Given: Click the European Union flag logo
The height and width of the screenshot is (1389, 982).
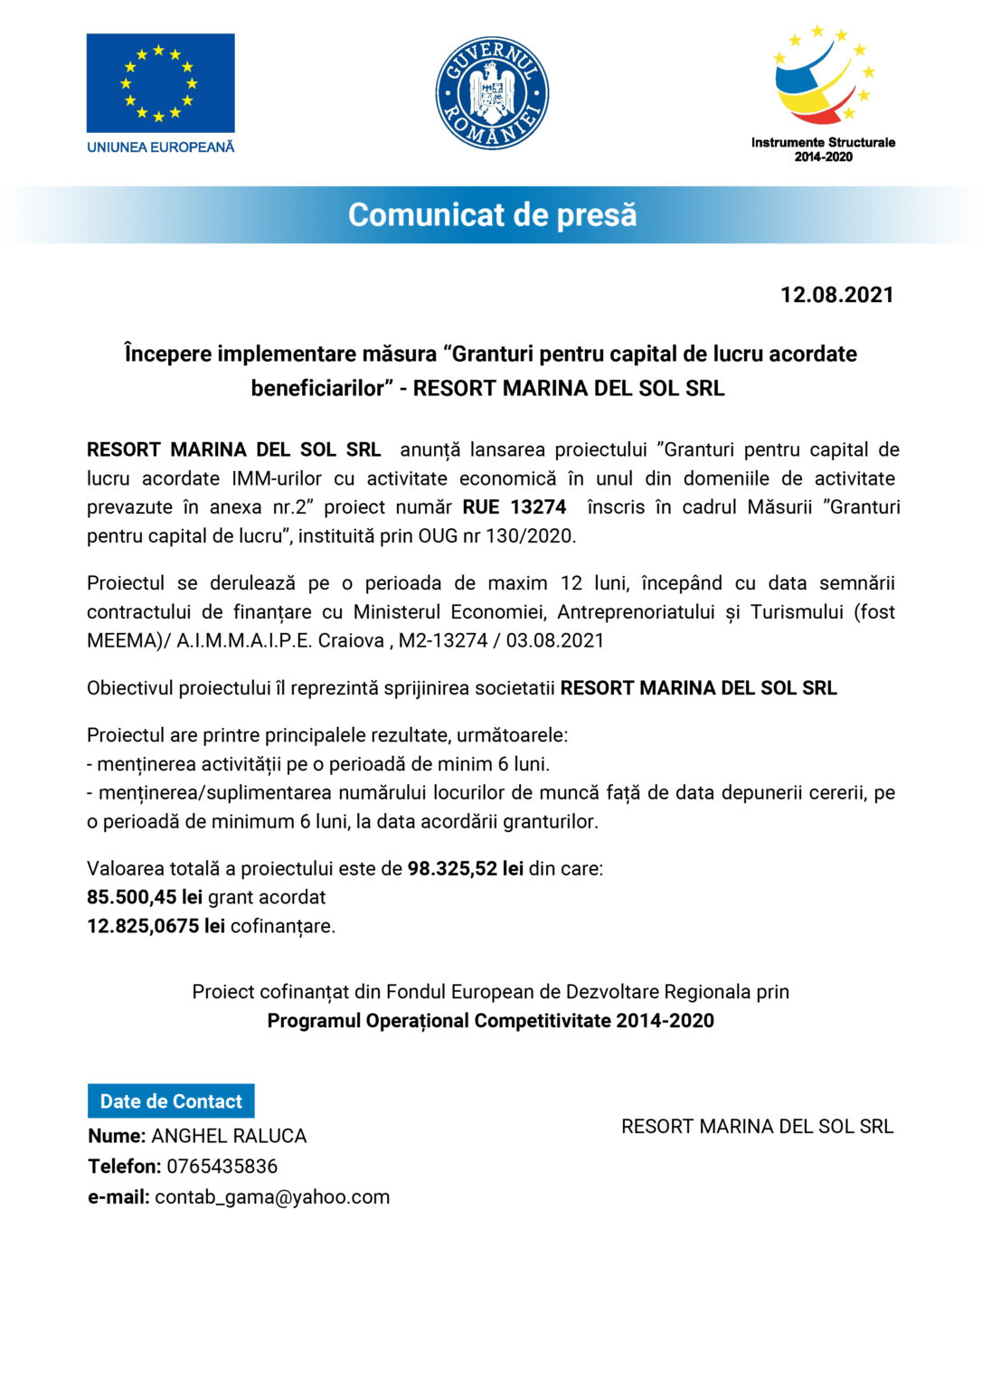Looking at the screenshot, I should (160, 83).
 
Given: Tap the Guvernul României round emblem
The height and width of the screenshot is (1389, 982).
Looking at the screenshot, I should (492, 93).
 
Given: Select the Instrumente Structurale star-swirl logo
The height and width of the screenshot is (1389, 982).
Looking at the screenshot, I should (824, 77).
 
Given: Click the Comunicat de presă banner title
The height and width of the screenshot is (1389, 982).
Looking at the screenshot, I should (492, 215).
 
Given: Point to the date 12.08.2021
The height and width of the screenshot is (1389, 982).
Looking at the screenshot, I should (836, 295).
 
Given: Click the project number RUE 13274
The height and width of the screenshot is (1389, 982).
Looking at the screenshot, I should (514, 507).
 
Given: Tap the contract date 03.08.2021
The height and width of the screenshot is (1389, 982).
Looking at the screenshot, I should (554, 641).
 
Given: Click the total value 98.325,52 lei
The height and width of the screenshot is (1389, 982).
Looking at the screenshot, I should (465, 869).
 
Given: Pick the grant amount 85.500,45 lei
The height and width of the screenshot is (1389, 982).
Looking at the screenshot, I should (145, 898).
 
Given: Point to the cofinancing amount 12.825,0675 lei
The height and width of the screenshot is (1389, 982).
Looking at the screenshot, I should (156, 927).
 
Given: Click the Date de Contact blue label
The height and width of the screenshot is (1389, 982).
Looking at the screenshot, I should (171, 1101).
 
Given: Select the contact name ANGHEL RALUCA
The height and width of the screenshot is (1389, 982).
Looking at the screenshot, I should (229, 1137).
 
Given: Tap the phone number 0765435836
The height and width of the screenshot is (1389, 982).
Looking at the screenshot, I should (222, 1167).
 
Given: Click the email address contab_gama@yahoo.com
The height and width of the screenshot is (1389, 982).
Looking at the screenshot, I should (272, 1197).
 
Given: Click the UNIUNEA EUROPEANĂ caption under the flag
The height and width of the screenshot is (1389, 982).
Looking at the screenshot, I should (160, 146).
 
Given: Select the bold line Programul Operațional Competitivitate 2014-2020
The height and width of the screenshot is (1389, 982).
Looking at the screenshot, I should (490, 1021).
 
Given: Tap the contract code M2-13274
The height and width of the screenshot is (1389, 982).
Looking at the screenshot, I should (443, 641).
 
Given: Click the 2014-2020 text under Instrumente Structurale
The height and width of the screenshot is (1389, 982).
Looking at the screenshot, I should (823, 156).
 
